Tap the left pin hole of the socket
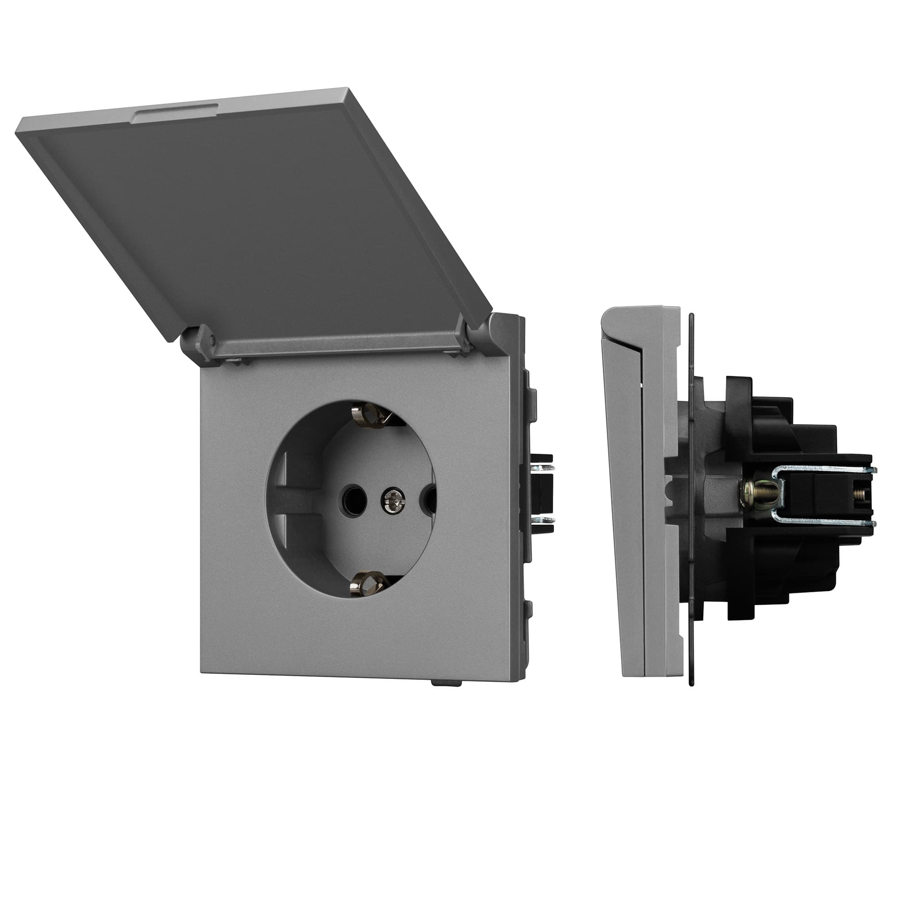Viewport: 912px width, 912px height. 352,497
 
